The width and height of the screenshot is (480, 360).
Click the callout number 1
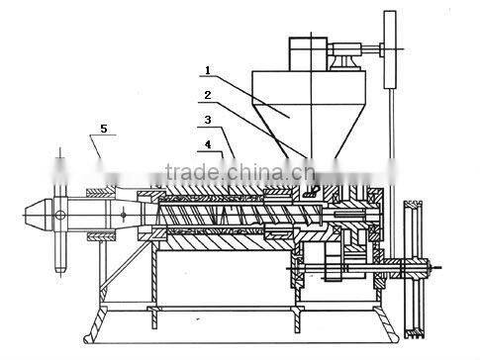[207, 70]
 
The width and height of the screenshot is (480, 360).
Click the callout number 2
[207, 97]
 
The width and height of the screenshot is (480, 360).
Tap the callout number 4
[207, 144]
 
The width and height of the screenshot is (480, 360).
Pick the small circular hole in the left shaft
[61, 212]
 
